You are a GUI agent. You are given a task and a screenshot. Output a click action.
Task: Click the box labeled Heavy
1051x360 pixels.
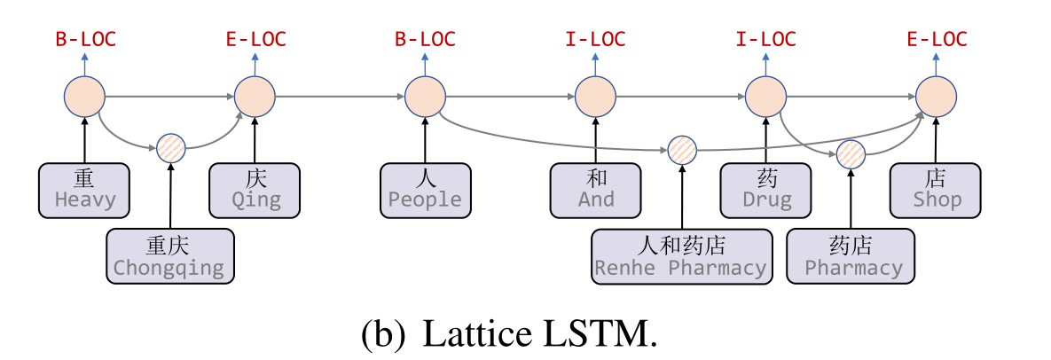[x=85, y=190]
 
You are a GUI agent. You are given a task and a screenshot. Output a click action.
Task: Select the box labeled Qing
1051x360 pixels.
[x=255, y=190]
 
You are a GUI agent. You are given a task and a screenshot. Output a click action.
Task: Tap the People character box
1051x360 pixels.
[x=425, y=190]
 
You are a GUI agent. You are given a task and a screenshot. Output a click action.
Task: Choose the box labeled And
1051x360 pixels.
[x=595, y=190]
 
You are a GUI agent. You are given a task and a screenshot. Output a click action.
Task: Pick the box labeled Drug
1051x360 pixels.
[x=766, y=190]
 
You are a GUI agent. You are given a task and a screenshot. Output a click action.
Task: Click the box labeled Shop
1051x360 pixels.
[x=937, y=190]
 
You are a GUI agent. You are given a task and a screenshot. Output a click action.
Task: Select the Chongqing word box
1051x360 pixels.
[x=169, y=256]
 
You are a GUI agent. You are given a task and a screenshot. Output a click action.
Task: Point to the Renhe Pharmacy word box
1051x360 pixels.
[x=681, y=256]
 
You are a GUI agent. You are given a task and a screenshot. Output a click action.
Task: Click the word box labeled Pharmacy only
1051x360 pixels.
[x=852, y=256]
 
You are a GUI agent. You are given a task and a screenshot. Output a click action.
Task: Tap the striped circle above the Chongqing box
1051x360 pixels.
[x=170, y=148]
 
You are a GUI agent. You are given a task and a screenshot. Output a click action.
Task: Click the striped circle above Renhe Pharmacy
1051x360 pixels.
[x=681, y=149]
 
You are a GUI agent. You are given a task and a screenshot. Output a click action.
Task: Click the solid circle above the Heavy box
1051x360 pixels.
[x=85, y=97]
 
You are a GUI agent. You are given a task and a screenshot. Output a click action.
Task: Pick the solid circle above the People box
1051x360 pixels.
[x=425, y=97]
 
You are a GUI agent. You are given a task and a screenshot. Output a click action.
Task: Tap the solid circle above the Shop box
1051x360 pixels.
[x=936, y=97]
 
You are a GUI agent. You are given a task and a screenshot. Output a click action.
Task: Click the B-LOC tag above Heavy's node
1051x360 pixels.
[x=85, y=39]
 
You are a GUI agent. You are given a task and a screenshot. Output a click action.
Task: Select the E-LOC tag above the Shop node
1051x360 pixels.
[x=936, y=39]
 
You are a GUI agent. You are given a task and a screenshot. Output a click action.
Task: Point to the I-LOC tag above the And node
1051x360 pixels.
[x=595, y=39]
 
